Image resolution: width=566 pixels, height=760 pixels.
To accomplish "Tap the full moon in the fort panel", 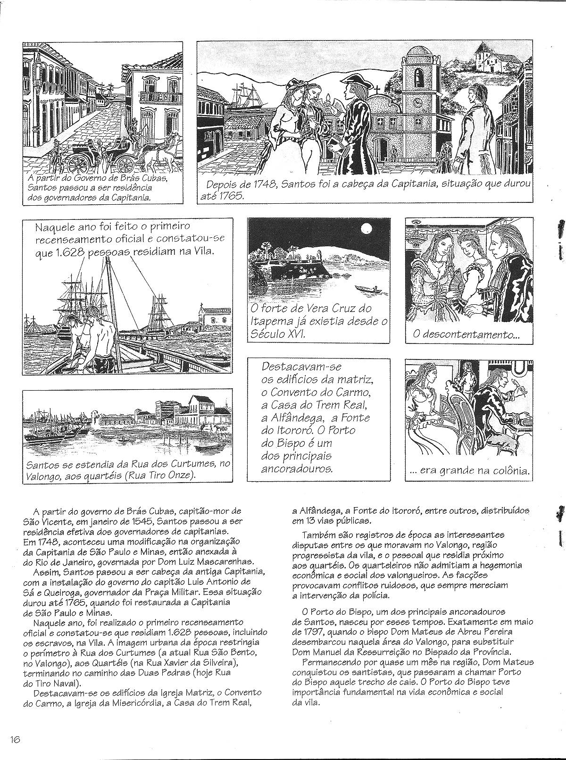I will click(366, 229).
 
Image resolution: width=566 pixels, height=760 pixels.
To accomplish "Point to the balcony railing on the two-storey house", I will click(161, 98).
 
